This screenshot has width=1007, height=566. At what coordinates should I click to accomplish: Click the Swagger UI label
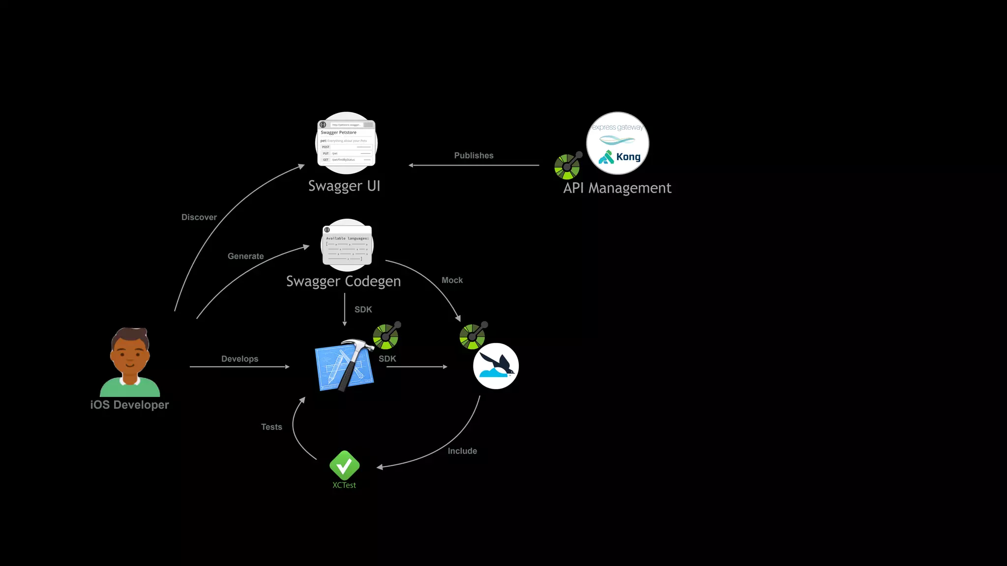tap(344, 186)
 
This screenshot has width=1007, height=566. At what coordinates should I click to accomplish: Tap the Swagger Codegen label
tap(343, 281)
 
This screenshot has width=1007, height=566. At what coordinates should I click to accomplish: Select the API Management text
tap(617, 188)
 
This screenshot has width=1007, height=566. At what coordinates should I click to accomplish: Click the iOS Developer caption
tap(129, 405)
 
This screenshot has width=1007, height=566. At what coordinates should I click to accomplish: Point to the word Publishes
tap(474, 155)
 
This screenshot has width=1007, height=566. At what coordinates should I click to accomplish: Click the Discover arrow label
tap(199, 217)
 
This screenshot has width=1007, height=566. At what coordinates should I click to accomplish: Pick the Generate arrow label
tap(245, 256)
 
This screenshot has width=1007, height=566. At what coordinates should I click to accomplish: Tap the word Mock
tap(452, 280)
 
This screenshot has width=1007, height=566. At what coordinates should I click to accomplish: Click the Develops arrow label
tap(239, 359)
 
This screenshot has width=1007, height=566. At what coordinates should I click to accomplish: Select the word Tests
tap(271, 427)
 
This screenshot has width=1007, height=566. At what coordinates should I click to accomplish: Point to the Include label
tap(462, 451)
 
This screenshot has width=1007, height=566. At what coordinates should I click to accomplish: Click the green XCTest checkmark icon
tap(344, 465)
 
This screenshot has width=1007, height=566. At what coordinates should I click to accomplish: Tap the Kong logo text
tap(628, 157)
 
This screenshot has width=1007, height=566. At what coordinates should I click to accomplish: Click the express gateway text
tap(617, 127)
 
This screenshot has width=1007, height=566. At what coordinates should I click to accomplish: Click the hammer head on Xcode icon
tap(356, 346)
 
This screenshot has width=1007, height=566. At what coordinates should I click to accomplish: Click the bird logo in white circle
tap(496, 366)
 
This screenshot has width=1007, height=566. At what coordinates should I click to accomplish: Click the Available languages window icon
tap(347, 245)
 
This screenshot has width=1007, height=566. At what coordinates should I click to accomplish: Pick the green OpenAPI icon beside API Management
tap(567, 166)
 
